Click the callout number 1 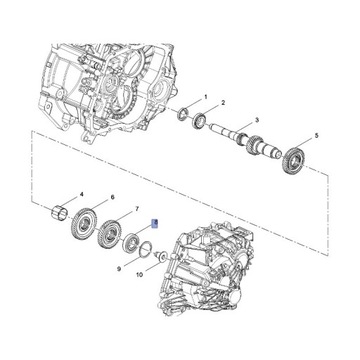click(x=205, y=97)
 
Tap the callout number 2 click(x=222, y=103)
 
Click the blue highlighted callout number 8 click(x=153, y=225)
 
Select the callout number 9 click(x=119, y=267)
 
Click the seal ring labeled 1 click(x=184, y=119)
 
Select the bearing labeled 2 click(x=200, y=125)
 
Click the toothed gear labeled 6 click(x=88, y=221)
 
